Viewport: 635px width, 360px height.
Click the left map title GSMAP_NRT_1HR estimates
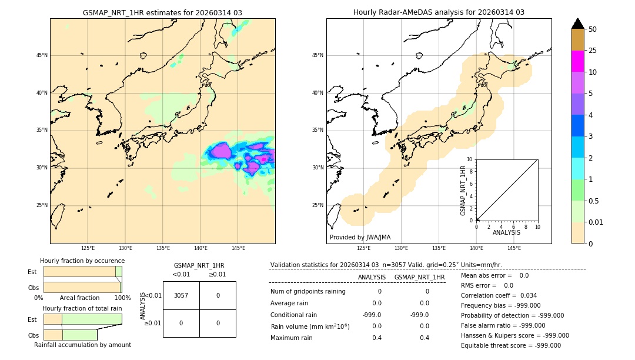162,12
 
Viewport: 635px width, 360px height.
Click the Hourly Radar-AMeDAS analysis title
439,12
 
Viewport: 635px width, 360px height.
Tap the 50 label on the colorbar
593,29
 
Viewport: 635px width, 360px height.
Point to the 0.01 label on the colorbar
596,222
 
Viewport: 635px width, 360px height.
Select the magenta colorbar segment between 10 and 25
577,61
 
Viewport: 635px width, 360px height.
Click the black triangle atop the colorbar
577,24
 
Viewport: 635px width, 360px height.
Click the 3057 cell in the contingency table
181,295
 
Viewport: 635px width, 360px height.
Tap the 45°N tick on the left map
42,55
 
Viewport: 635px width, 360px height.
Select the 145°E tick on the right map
514,248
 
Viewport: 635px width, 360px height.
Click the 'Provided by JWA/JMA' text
360,237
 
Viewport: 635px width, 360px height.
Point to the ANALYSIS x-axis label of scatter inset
506,232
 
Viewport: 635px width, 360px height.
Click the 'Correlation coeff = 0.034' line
499,295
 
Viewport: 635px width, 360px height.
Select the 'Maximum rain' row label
292,338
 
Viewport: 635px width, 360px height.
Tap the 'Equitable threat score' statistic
510,345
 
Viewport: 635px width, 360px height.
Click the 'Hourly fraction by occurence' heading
82,261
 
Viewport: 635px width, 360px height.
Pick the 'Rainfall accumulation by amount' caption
82,345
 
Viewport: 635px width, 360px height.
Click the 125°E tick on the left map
88,248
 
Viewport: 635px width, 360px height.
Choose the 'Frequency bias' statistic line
500,305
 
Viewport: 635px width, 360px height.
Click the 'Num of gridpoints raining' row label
308,291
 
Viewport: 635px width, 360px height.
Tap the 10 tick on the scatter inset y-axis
470,159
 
